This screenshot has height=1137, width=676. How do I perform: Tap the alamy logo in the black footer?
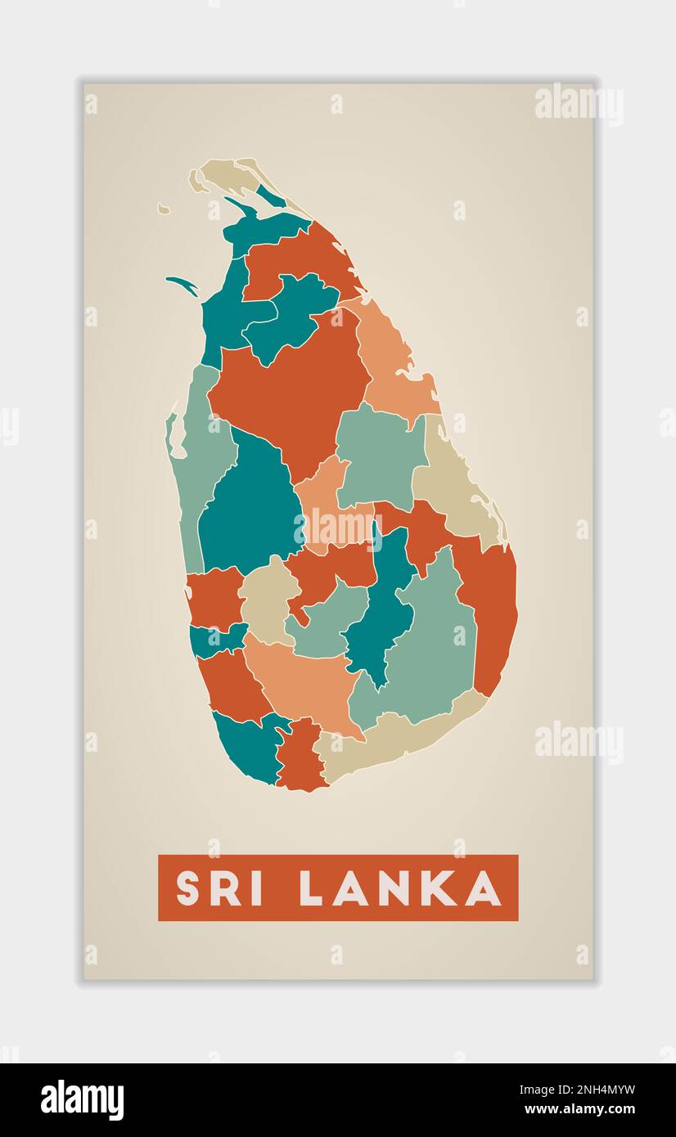click(x=82, y=1100)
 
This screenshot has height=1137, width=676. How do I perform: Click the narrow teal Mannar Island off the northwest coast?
click(x=183, y=284)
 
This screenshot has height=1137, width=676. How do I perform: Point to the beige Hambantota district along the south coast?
click(x=393, y=740)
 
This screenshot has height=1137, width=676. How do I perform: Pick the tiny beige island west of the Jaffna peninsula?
click(x=164, y=209)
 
